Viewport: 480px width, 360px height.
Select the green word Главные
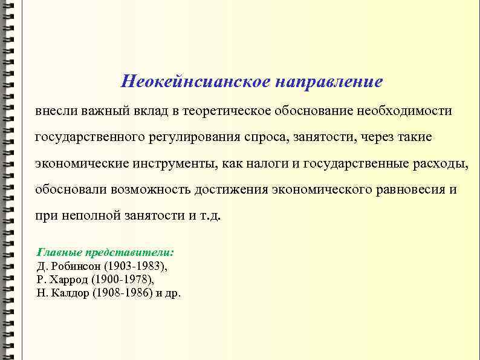(x=59, y=252)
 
